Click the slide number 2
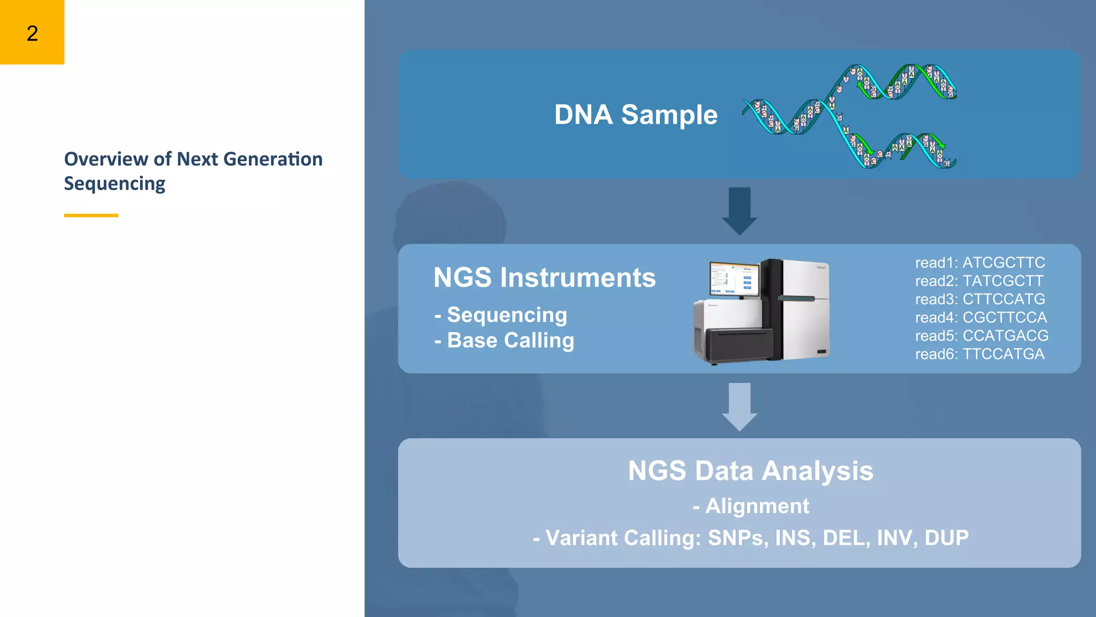(32, 33)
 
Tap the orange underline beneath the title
(91, 215)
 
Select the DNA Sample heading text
(635, 115)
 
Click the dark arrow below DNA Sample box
(739, 210)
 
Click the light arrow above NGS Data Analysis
(739, 406)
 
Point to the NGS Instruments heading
(544, 277)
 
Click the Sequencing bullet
(506, 315)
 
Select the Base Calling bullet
(510, 341)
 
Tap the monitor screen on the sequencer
(733, 279)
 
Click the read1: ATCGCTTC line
(979, 262)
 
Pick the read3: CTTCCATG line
(979, 299)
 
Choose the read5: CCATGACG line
(981, 336)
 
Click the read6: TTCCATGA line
(979, 354)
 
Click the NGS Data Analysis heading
(750, 471)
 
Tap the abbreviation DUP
(946, 538)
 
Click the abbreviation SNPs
(738, 538)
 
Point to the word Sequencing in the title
(115, 184)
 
